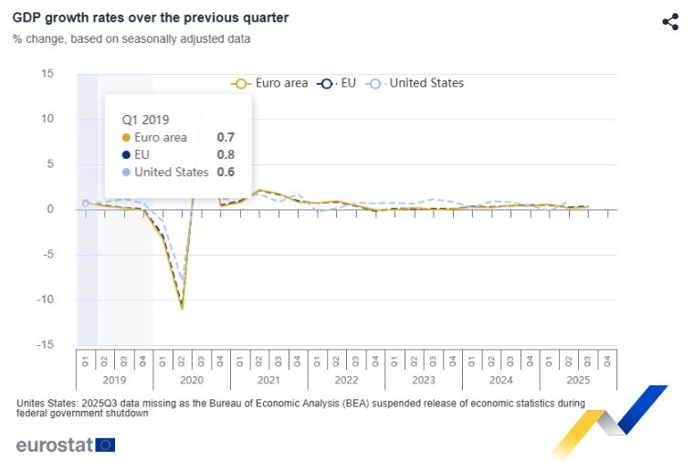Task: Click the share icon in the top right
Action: coord(670,22)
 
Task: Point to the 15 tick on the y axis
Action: coord(47,74)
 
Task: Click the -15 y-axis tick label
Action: coord(45,344)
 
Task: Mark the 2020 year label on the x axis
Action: coord(192,379)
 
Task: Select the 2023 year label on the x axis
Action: coord(424,379)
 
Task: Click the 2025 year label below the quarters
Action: coord(578,379)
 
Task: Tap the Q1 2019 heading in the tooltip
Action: coord(146,119)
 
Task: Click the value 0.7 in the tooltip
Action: coord(226,138)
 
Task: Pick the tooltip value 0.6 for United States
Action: coord(226,172)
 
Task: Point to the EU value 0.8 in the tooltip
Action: coord(226,155)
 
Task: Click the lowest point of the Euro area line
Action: coord(182,309)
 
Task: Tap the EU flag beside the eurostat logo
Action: coord(105,446)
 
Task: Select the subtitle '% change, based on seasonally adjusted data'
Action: coord(131,39)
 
